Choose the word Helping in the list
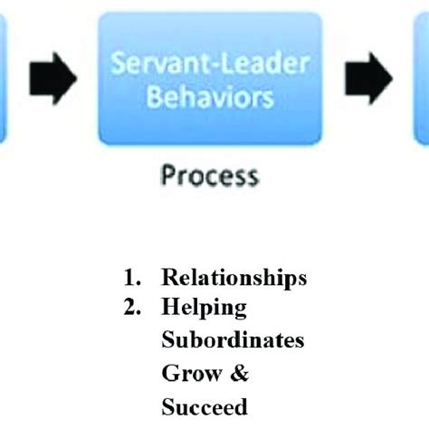(x=204, y=307)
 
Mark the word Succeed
(x=204, y=407)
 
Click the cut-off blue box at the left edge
(x=4, y=78)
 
